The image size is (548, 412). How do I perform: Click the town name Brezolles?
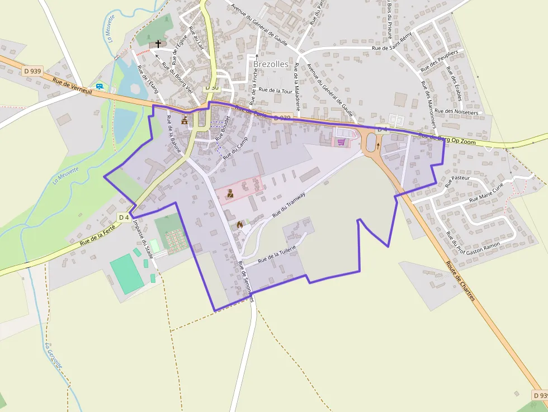[271, 64]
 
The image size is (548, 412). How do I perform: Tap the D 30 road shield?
[212, 87]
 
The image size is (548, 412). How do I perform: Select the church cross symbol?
[159, 43]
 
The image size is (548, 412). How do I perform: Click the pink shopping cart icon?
[341, 143]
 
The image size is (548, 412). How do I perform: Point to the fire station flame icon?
[240, 225]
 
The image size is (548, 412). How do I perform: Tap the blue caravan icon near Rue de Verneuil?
[100, 87]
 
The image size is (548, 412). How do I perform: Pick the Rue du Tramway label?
[289, 205]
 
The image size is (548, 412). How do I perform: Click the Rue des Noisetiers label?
[456, 112]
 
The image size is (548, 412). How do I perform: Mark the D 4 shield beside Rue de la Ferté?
[124, 217]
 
